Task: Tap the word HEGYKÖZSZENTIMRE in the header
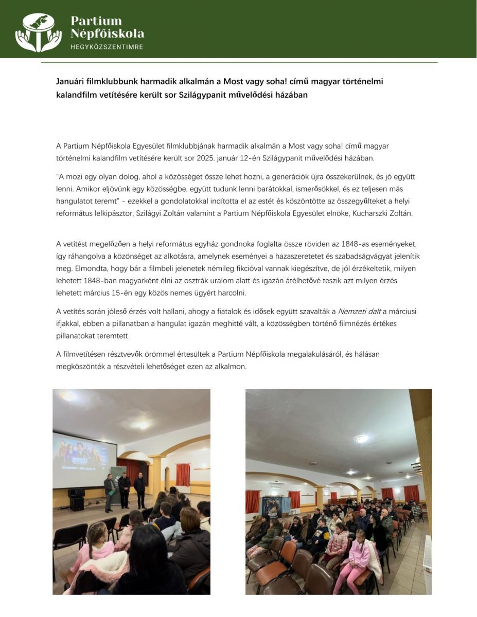(x=107, y=47)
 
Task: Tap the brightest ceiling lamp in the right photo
(x=363, y=439)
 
